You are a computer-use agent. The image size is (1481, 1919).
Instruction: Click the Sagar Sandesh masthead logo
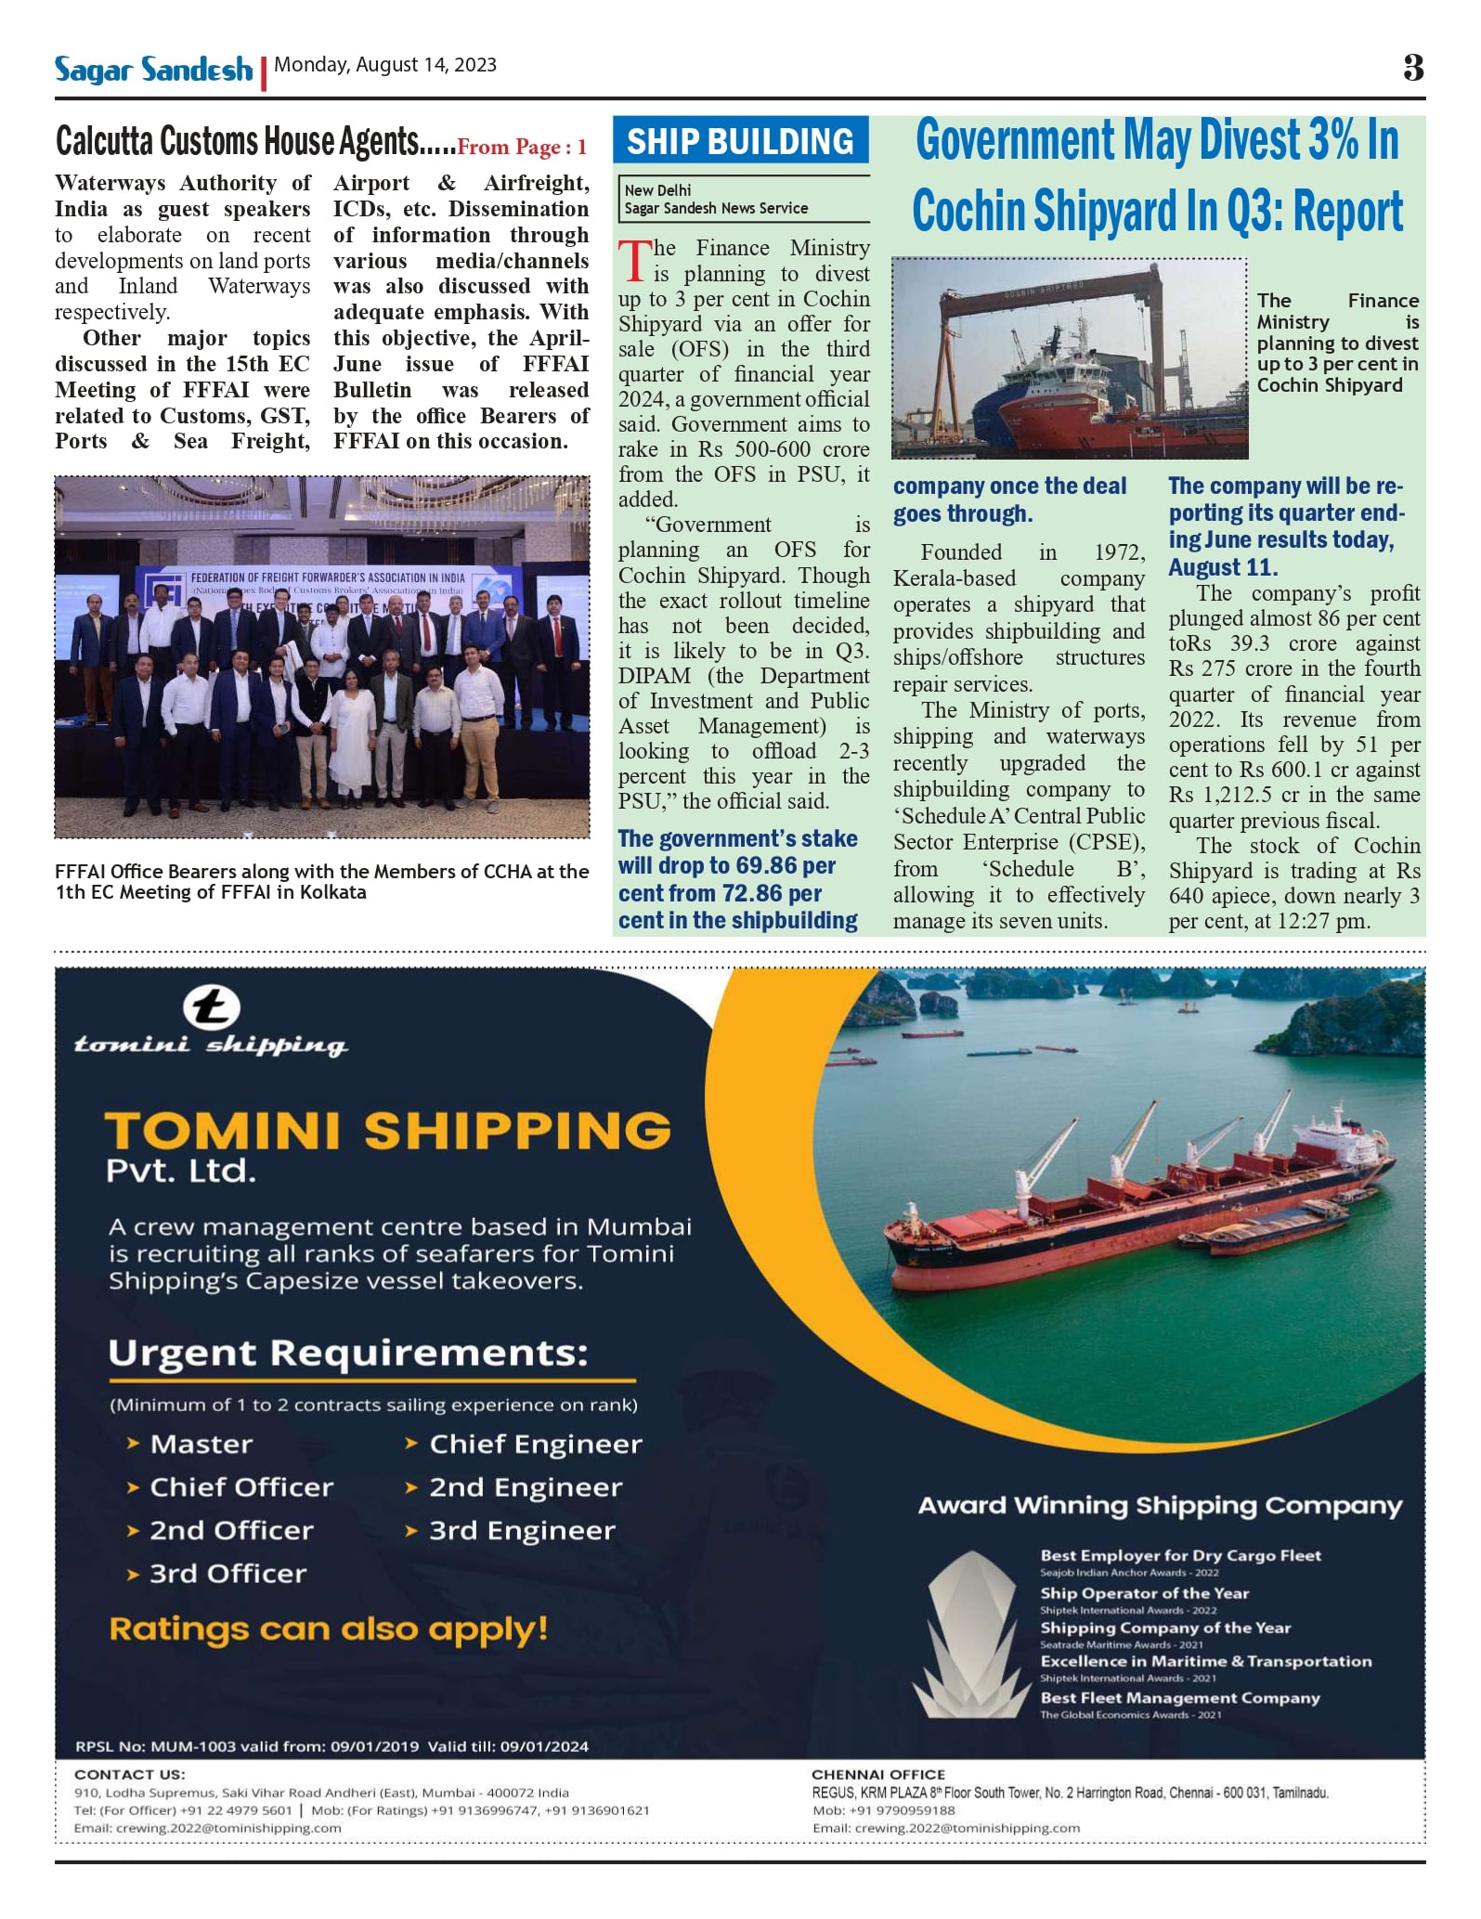[x=153, y=70]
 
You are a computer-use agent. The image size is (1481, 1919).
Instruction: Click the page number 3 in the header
[x=1413, y=68]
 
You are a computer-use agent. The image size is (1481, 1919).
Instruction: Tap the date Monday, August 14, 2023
[x=385, y=65]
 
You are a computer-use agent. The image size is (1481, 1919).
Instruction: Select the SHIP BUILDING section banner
[x=740, y=141]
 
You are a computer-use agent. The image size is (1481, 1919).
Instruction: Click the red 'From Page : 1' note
[x=522, y=147]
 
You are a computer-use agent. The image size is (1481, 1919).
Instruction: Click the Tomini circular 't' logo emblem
[x=211, y=1008]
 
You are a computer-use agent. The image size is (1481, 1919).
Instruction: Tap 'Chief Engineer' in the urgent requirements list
[x=535, y=1445]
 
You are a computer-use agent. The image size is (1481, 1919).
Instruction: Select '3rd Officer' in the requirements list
[x=227, y=1575]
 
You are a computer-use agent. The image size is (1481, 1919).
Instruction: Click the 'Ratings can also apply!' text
[x=329, y=1629]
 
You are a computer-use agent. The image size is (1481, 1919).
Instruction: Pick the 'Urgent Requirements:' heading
[x=348, y=1354]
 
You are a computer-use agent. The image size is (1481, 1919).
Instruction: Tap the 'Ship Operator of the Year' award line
[x=1144, y=1593]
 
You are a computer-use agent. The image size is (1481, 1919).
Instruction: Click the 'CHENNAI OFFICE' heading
[x=878, y=1774]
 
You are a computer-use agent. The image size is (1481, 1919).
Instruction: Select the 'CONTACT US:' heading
[x=130, y=1774]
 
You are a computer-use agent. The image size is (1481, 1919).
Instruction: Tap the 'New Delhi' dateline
[x=657, y=190]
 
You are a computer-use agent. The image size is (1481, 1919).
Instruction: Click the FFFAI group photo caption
[x=321, y=882]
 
